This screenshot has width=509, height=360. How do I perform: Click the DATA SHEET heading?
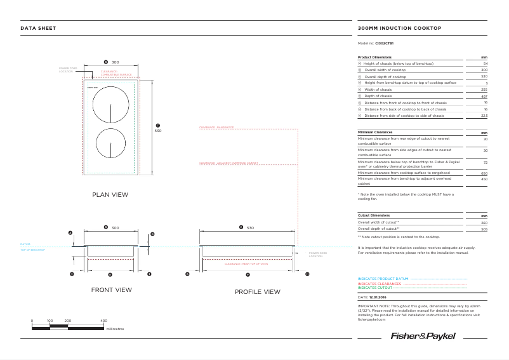[38, 28]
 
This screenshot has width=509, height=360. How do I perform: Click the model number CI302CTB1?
[384, 43]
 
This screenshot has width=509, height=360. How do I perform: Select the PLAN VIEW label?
[110, 194]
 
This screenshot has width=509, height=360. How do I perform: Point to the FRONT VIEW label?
[111, 290]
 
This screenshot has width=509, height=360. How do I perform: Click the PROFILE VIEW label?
[257, 291]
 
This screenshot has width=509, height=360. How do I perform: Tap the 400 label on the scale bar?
[103, 321]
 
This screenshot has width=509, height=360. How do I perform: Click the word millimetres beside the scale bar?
[116, 329]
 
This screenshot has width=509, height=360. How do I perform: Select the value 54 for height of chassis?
[485, 64]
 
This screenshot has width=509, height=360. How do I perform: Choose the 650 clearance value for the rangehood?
[484, 173]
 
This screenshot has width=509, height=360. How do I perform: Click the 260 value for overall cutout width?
[484, 223]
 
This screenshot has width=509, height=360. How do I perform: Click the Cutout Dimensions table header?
[374, 215]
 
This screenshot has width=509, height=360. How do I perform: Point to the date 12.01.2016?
[378, 297]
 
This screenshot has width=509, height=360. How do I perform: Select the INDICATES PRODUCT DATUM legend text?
[383, 279]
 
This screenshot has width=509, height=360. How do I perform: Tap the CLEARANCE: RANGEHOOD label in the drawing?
[216, 128]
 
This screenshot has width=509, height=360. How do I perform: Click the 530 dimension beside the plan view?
[158, 131]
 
